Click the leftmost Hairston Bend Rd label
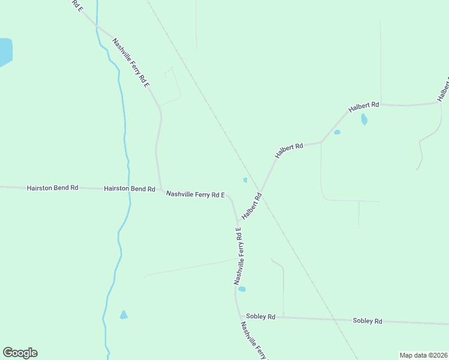coord(52,188)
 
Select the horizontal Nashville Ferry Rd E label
coord(195,194)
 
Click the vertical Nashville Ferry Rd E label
coord(238,256)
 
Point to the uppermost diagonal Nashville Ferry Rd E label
coord(131,63)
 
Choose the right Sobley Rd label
coord(367,321)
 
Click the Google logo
coord(20,353)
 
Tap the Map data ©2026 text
coord(424,355)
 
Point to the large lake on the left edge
coord(5,52)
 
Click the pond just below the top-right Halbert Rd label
coord(364,119)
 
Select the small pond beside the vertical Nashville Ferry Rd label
coord(242,289)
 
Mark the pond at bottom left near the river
coord(124,315)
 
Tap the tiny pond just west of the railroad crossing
coord(245,180)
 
